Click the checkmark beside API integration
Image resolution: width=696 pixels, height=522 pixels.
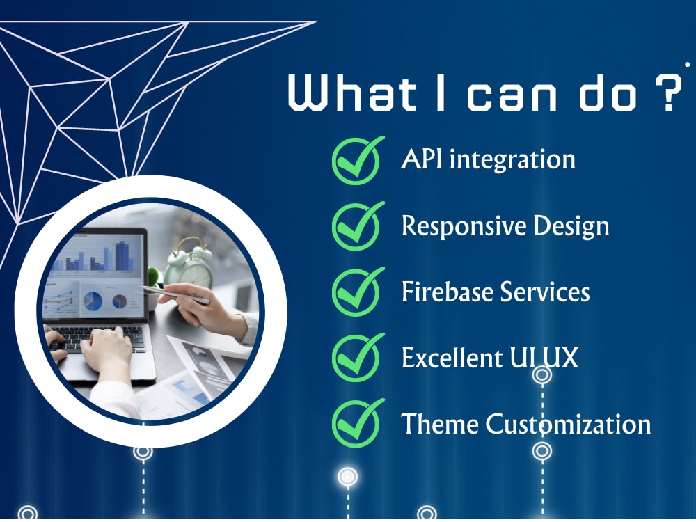coord(356,160)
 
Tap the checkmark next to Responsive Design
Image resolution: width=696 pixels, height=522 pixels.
coord(356,226)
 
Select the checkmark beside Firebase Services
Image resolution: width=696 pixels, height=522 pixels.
coord(356,292)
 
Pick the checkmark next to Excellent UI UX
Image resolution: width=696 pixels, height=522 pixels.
coord(356,357)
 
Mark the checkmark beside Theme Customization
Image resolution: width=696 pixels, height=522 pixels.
coord(356,423)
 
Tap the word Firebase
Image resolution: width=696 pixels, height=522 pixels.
coord(448,292)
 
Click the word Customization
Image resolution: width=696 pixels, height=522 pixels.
coord(568,424)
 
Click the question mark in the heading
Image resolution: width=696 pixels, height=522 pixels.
coord(667,91)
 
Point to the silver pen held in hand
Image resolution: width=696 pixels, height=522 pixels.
coord(175,295)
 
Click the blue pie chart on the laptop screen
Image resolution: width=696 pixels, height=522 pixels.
coord(93,301)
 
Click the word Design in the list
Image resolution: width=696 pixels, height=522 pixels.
coord(571,227)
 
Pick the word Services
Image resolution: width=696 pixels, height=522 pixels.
coord(545,292)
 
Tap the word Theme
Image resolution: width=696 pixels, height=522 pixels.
coord(440,424)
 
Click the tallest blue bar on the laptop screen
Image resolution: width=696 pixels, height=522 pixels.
coord(120,255)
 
